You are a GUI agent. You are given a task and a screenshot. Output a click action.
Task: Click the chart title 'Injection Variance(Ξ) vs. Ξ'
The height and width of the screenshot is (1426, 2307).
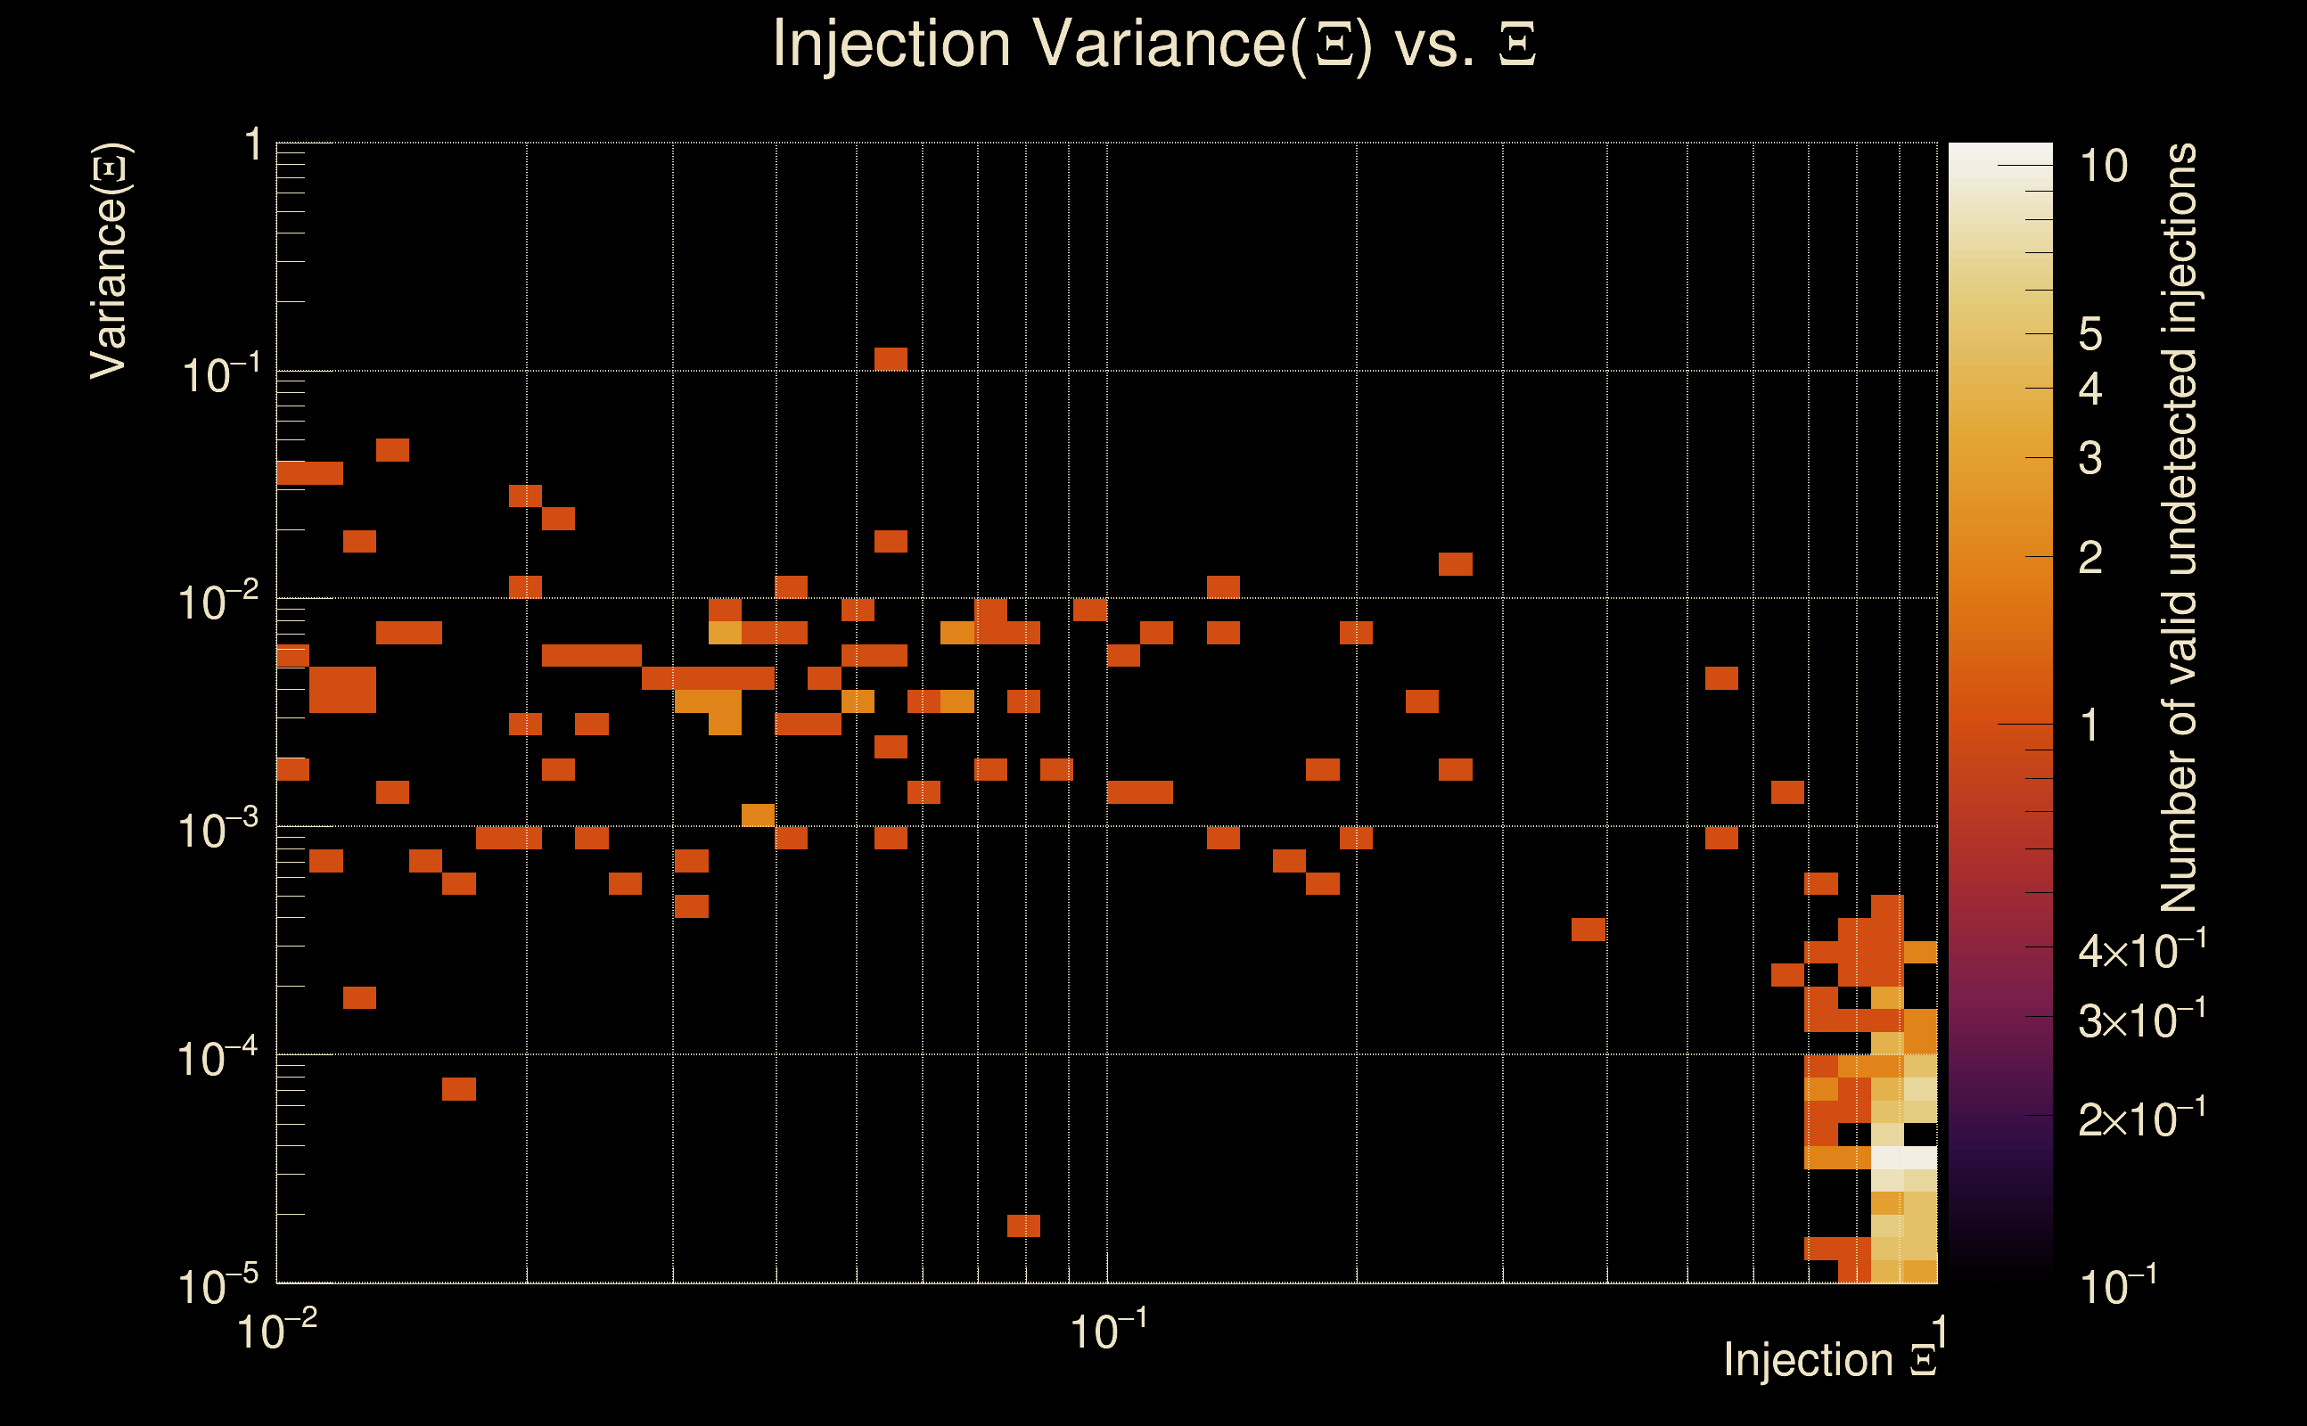point(1153,45)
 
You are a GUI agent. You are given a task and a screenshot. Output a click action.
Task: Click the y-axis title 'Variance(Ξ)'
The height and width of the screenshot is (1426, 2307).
point(110,261)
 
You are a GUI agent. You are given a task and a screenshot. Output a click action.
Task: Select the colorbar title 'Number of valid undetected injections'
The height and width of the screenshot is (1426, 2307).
point(2179,529)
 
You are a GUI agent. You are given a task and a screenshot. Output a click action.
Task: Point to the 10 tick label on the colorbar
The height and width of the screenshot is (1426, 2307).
point(2103,167)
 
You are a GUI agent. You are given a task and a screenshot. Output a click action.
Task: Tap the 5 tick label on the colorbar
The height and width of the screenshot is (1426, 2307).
point(2090,334)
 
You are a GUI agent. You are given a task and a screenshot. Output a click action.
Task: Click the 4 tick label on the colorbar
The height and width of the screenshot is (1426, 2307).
point(2090,389)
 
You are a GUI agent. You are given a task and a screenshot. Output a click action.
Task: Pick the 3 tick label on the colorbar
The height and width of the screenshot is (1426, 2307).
point(2090,458)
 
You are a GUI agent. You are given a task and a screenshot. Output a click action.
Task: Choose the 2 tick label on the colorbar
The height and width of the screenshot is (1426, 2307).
point(2090,558)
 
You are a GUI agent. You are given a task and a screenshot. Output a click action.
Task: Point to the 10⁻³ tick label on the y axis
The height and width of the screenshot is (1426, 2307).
point(217,831)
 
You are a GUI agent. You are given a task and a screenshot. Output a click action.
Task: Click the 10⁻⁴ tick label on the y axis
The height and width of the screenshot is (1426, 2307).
point(217,1059)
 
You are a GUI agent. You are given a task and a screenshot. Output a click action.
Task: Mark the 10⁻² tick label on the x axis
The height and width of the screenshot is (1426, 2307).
point(276,1331)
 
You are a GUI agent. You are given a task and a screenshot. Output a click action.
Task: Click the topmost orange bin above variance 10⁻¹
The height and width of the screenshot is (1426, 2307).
point(891,359)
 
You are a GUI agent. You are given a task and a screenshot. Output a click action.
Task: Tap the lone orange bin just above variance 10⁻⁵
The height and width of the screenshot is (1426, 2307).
point(1023,1225)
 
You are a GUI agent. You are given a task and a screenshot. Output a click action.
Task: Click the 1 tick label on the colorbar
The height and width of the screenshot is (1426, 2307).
point(2090,725)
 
